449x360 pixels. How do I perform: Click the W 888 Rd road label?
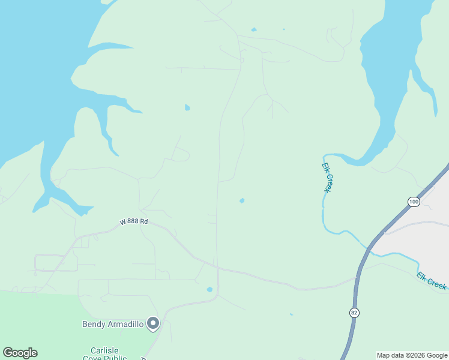point(133,221)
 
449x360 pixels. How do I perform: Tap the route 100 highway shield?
point(414,202)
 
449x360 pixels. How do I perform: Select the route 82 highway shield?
point(354,312)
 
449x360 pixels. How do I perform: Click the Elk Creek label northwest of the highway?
point(327,177)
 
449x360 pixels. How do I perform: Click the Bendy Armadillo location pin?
point(153,323)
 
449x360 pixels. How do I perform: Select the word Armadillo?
point(125,325)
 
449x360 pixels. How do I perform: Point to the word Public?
point(114,358)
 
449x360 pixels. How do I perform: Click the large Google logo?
point(20,353)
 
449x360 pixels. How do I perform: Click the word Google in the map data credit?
point(435,355)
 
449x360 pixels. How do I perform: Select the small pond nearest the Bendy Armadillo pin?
point(209,290)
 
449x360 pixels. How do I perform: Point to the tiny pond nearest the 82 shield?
point(291,314)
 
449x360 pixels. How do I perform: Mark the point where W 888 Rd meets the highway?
point(358,277)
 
